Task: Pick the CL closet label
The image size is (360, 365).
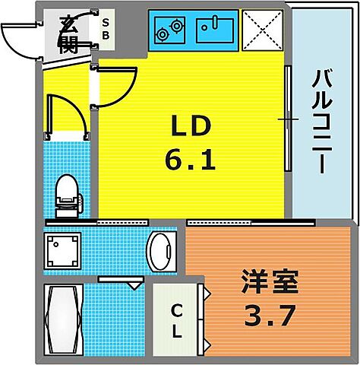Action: click(x=175, y=320)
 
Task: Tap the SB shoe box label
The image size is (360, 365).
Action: click(x=106, y=28)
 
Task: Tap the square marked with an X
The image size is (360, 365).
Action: click(x=263, y=30)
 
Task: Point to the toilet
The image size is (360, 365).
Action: click(x=68, y=192)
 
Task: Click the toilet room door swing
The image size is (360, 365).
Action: click(x=64, y=114)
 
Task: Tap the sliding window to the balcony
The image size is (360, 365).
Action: click(x=287, y=118)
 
